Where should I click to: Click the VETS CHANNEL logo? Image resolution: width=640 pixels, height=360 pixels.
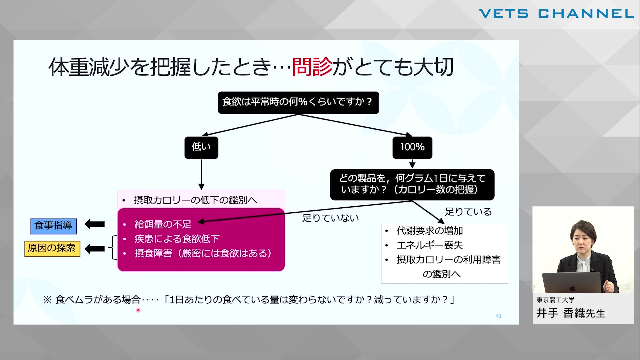[556, 14]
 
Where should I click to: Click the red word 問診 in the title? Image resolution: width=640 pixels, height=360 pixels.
[312, 67]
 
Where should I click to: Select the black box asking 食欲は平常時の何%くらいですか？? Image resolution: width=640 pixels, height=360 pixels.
[298, 102]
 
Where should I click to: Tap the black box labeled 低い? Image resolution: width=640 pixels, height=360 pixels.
[201, 147]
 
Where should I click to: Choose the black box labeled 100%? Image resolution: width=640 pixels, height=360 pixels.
[412, 147]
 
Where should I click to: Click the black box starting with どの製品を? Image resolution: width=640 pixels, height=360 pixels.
[412, 185]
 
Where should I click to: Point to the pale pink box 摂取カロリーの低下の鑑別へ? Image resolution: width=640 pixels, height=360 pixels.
[201, 200]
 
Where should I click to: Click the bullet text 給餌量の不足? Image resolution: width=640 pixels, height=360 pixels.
[163, 224]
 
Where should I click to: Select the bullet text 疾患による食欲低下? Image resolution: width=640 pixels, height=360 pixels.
[177, 239]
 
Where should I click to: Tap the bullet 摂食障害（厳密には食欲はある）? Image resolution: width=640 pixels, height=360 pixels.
[203, 253]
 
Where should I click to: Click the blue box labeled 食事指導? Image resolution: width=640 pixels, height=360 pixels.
[53, 226]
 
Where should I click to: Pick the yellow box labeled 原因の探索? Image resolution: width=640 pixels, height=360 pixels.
[52, 248]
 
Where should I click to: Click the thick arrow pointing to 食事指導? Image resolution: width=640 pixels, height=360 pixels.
[95, 224]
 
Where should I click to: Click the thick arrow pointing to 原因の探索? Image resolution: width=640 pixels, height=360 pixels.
[95, 248]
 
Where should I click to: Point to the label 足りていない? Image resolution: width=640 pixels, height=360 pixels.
[330, 218]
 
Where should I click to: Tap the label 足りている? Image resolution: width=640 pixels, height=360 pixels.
[468, 212]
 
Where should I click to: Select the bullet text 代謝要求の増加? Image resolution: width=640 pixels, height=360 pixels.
[430, 231]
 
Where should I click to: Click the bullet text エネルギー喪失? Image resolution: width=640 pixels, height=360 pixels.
[430, 245]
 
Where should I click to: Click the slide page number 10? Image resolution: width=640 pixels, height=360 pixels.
[498, 316]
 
